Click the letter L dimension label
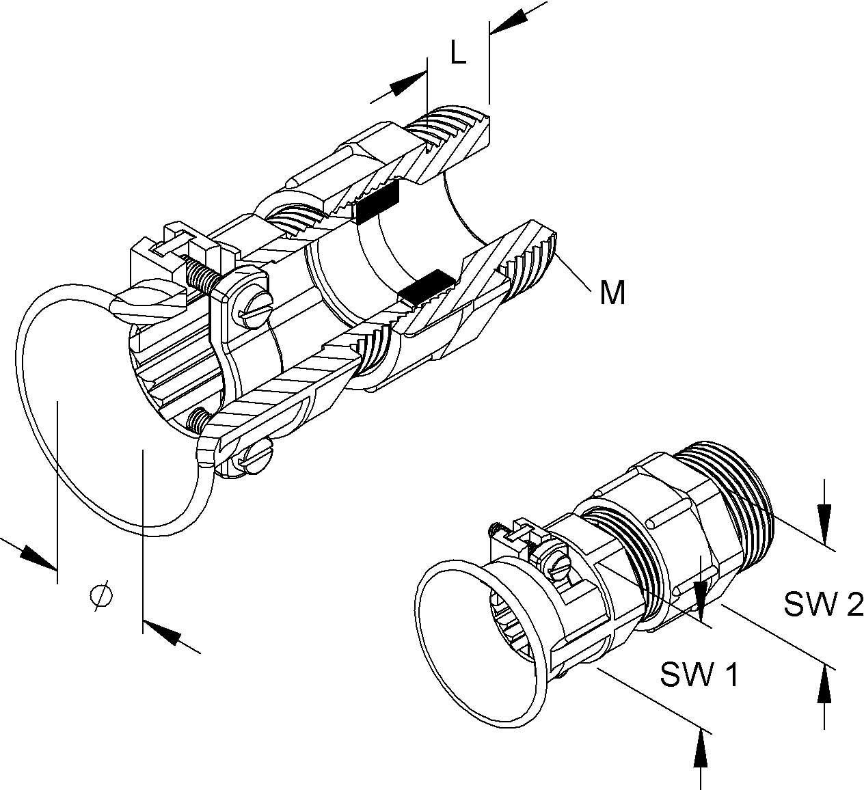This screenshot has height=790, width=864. [x=459, y=53]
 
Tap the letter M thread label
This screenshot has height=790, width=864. [x=612, y=293]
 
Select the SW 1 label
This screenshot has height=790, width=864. [x=699, y=675]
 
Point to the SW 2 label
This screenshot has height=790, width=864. [x=823, y=604]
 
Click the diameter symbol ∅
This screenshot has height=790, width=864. [x=101, y=596]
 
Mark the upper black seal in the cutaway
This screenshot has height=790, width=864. [x=377, y=203]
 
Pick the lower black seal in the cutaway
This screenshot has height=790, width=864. [x=427, y=287]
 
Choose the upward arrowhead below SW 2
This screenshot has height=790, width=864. [x=825, y=682]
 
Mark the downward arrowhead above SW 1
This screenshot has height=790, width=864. [x=700, y=595]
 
